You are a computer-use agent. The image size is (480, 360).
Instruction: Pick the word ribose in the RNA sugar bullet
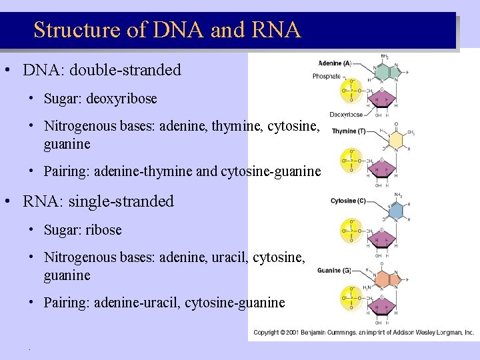[103, 230]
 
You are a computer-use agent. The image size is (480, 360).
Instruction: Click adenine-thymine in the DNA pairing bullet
[143, 171]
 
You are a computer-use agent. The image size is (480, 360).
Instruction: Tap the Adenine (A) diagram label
[335, 64]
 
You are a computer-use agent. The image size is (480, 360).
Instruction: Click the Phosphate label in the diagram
[327, 76]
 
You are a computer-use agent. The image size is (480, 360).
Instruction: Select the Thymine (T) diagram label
[345, 131]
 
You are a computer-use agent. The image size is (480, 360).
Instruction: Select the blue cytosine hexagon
[397, 210]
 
